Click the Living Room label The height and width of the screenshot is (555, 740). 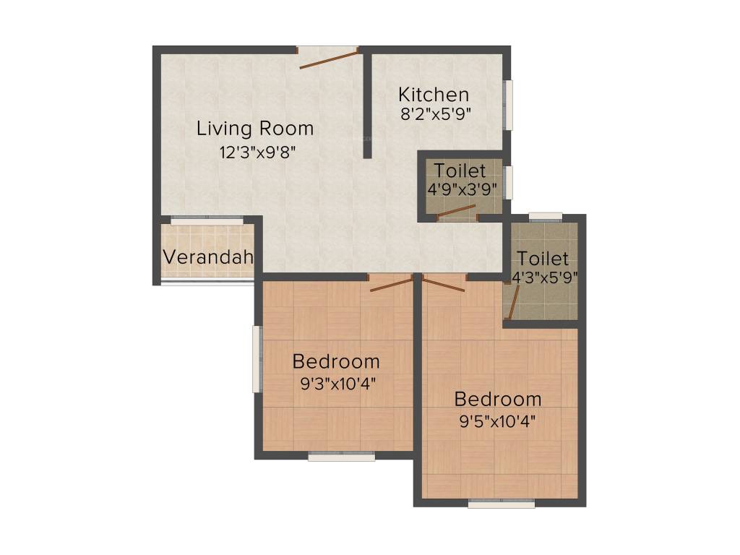(255, 129)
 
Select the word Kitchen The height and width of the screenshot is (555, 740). (434, 95)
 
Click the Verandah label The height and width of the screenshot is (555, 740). (207, 257)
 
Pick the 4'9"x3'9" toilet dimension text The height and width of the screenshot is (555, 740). (460, 189)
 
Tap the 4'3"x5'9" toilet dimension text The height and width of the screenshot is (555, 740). (543, 277)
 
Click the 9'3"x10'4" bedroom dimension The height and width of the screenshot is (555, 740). (336, 383)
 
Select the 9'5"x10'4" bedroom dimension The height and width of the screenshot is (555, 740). (497, 419)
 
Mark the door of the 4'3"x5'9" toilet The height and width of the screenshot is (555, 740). (512, 301)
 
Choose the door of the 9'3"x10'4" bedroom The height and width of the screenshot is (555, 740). (390, 283)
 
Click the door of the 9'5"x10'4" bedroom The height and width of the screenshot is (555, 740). (444, 283)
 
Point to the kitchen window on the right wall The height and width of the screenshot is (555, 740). (509, 105)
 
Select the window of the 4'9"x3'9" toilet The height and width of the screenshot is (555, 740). (509, 182)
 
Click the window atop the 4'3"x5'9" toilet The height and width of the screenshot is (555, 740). (545, 216)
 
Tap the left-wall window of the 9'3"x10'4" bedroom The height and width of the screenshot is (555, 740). (256, 359)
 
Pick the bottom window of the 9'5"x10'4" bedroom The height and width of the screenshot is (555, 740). (501, 504)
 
